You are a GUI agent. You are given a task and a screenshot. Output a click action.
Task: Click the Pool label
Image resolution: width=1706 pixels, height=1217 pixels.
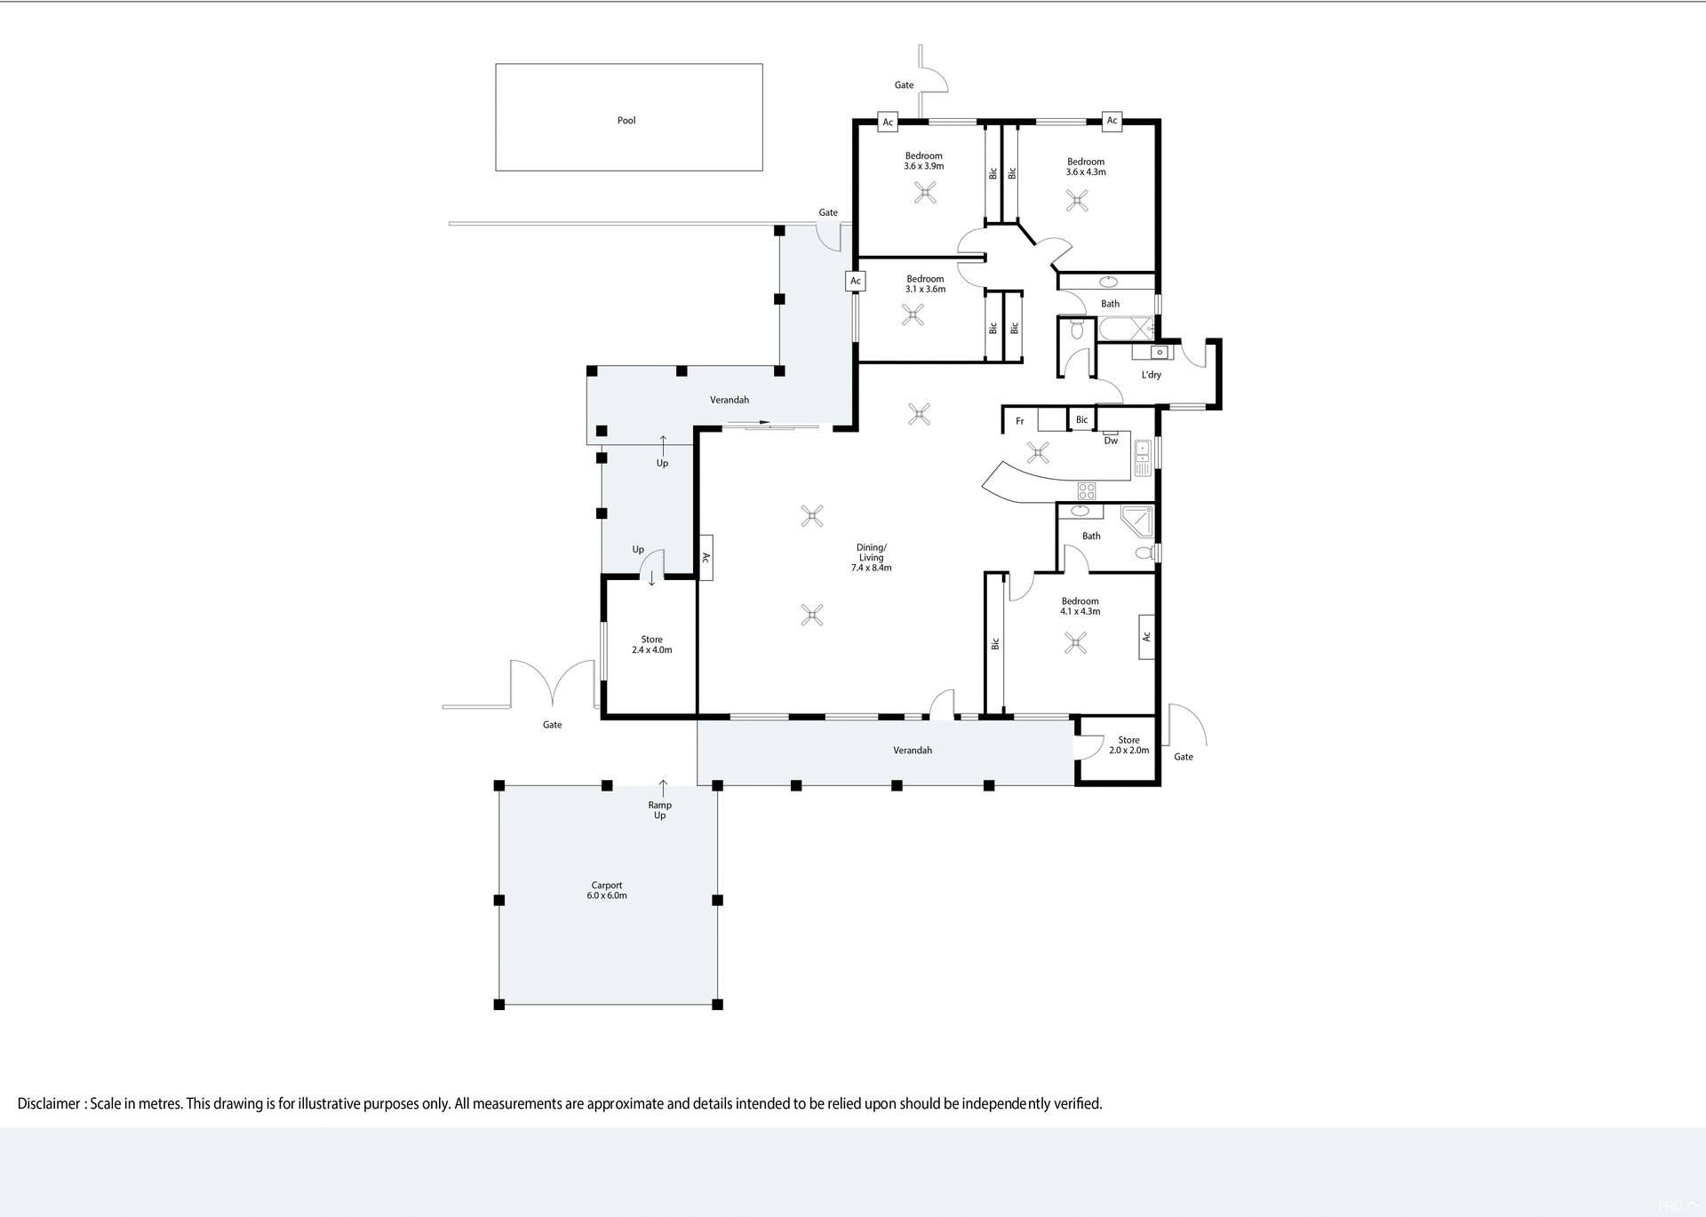(626, 121)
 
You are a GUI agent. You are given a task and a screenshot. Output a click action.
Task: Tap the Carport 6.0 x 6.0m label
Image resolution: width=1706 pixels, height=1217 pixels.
(607, 890)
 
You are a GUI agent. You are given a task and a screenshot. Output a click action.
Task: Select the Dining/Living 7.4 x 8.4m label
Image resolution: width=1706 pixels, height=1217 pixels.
(871, 558)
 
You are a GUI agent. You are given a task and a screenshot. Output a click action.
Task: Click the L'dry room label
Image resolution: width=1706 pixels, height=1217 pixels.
(1151, 375)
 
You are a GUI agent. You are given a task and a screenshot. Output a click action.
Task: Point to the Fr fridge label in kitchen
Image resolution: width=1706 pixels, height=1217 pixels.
(1020, 421)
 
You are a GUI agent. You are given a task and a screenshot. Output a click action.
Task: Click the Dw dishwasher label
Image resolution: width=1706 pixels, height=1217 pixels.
(1111, 441)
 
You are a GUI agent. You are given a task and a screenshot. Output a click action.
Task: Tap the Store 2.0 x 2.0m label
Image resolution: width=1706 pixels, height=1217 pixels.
(1128, 745)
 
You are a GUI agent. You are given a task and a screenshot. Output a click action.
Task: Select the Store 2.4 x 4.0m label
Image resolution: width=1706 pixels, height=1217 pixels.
(651, 645)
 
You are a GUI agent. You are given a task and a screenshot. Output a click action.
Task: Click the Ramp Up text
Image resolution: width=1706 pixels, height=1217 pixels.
(659, 810)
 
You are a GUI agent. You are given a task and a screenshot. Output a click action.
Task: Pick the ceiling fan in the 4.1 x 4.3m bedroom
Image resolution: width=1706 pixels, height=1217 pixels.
(1075, 642)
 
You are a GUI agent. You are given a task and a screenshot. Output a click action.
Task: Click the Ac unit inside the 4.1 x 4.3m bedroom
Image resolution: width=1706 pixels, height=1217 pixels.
(1146, 637)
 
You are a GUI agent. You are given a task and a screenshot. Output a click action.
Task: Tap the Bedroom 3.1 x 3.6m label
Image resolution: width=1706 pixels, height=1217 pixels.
(925, 283)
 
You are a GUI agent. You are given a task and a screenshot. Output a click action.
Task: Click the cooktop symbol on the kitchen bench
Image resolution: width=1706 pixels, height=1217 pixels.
(1087, 489)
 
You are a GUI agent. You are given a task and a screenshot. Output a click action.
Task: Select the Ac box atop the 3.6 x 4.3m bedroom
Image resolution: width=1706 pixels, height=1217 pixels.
(1112, 121)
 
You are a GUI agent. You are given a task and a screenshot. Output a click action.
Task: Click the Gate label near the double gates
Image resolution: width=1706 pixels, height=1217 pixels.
(552, 725)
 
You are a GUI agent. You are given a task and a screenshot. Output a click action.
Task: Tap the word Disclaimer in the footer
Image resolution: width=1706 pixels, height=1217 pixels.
(49, 1104)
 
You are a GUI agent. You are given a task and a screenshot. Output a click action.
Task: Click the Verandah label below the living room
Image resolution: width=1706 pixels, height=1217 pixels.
(913, 751)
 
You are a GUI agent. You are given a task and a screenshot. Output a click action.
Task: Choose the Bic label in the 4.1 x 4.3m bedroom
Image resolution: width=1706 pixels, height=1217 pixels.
(995, 643)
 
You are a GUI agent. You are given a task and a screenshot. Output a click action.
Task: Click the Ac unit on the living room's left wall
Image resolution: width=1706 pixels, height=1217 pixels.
(706, 558)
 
